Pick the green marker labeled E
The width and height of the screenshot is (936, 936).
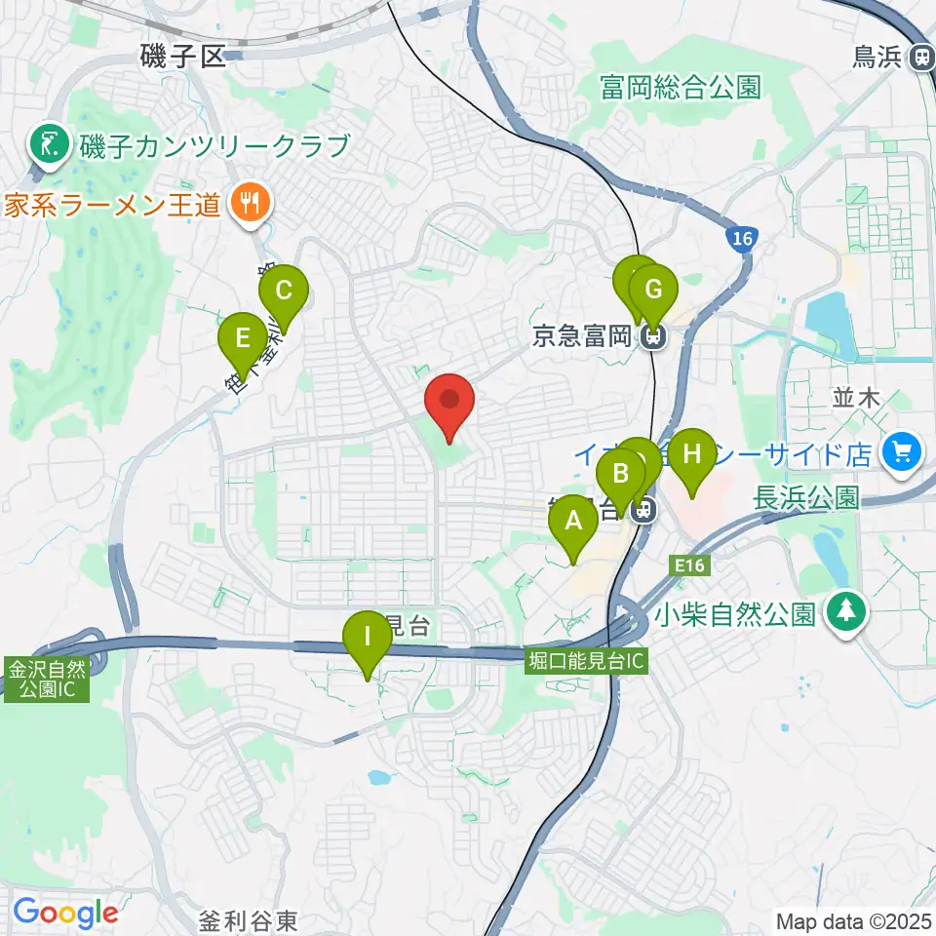[242, 340]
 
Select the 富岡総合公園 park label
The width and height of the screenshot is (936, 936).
[679, 88]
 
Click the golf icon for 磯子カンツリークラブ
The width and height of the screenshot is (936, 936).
[45, 146]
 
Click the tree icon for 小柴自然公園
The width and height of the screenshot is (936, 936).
[841, 613]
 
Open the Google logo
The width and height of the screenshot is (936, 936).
[65, 914]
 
